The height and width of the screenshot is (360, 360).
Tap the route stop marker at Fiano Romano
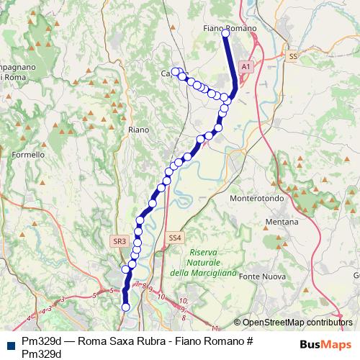226,33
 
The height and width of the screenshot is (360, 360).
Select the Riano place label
138,130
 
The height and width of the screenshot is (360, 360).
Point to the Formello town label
29,154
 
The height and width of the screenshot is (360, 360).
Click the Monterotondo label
257,197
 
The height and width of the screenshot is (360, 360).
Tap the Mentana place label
282,222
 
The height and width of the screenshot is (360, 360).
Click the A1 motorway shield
246,66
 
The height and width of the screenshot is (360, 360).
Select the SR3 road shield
120,241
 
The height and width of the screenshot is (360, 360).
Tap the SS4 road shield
176,238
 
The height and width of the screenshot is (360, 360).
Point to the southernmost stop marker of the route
125,307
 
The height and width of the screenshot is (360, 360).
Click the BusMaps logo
325,344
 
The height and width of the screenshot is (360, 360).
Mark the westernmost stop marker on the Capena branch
175,71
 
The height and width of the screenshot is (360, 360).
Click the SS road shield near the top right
292,55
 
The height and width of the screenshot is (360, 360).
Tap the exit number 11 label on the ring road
215,308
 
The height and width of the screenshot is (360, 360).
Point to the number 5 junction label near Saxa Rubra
112,290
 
